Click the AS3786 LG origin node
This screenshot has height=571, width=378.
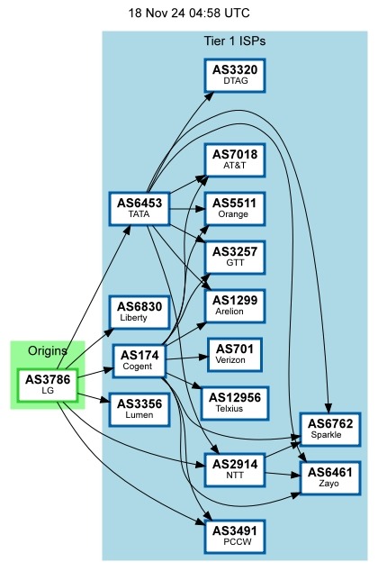tap(48, 384)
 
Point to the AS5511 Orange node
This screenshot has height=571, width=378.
tap(235, 208)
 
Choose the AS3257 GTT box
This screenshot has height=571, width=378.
tap(235, 257)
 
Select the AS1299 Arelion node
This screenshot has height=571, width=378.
tap(235, 304)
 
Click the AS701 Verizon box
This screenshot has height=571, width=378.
tap(235, 353)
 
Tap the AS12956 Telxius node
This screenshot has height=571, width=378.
tap(235, 402)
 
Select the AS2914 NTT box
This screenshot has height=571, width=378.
tap(235, 468)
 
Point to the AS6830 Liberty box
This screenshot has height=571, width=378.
tap(139, 313)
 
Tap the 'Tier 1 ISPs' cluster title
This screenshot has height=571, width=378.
tap(235, 41)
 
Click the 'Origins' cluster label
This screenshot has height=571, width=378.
tap(48, 350)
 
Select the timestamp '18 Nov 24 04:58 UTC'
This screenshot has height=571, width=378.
tap(189, 14)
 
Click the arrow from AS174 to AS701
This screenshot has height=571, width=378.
tap(187, 357)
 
